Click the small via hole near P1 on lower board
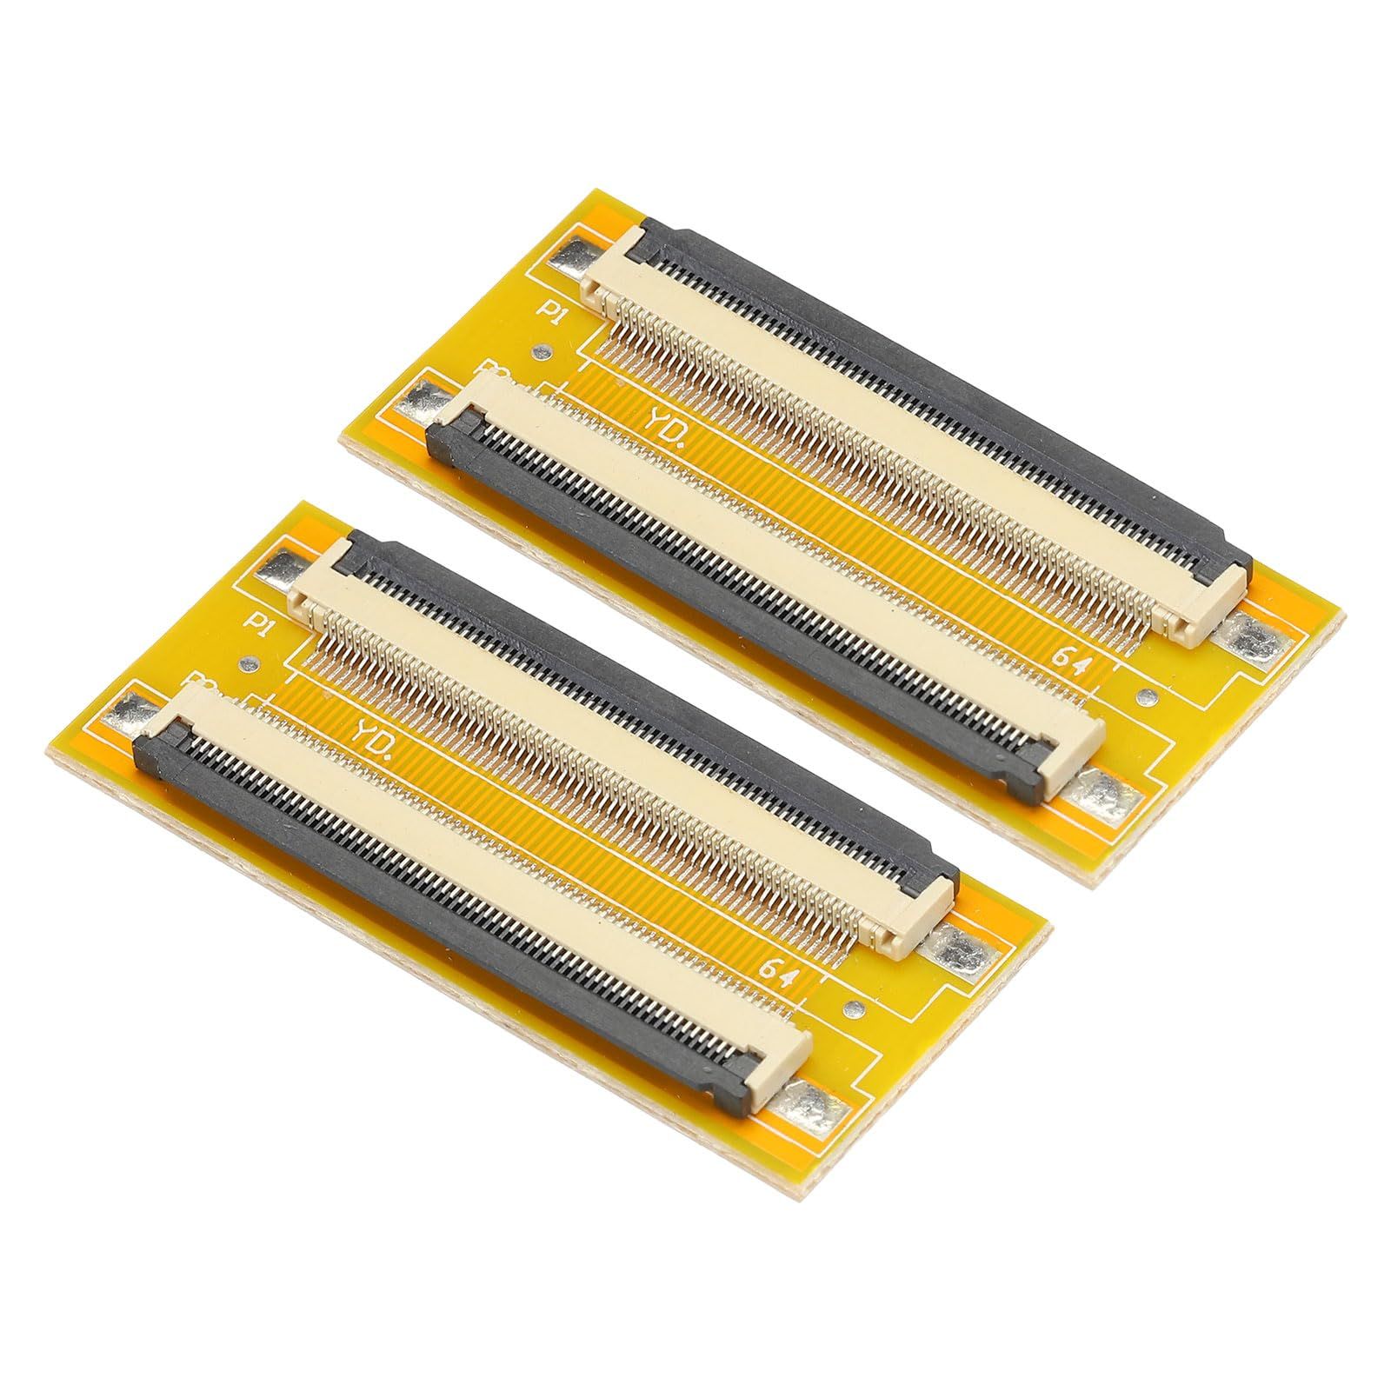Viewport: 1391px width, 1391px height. (251, 664)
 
